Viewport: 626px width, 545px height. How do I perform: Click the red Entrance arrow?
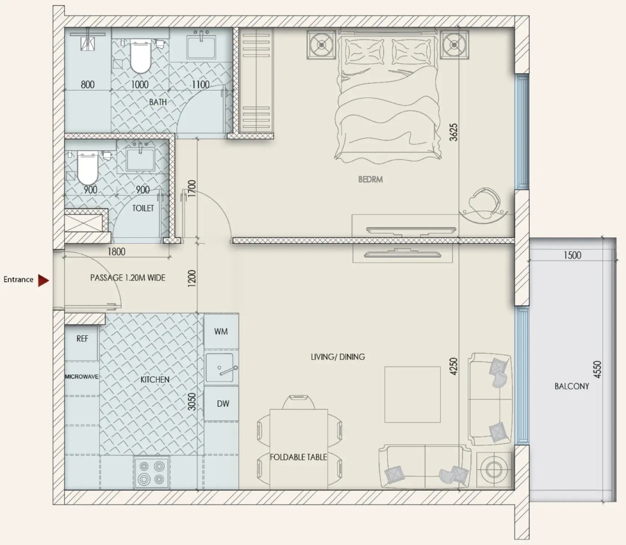click(43, 280)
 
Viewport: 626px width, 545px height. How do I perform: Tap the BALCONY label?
click(571, 386)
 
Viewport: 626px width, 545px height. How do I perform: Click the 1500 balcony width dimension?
click(572, 255)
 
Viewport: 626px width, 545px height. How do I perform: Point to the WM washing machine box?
click(221, 331)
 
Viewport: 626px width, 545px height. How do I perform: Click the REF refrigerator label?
click(82, 338)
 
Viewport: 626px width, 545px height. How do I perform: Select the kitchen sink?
click(220, 368)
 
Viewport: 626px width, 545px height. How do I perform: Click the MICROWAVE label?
click(82, 377)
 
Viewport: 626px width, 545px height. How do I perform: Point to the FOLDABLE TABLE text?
click(298, 457)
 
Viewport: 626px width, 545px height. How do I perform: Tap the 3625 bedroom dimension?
click(454, 132)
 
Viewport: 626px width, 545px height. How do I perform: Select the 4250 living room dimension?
click(454, 367)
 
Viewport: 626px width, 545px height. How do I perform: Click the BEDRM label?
click(371, 179)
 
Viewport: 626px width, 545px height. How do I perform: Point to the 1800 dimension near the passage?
click(116, 252)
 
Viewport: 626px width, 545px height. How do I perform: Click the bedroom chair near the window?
click(484, 203)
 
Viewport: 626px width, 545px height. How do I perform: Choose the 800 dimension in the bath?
click(88, 84)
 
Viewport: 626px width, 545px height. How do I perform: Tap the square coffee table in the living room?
click(412, 394)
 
